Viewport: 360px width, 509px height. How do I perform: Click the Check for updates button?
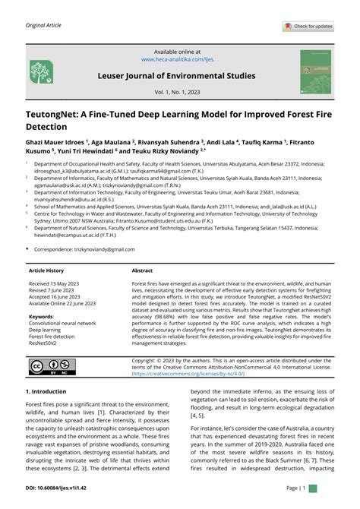point(308,27)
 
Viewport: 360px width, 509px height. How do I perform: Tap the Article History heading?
point(46,270)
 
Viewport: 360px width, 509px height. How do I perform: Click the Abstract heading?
point(142,270)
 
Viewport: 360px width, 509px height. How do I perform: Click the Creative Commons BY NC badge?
point(47,368)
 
